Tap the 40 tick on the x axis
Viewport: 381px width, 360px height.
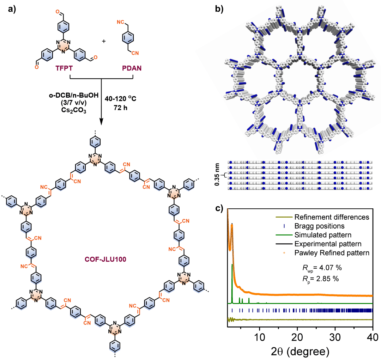pos(373,336)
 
